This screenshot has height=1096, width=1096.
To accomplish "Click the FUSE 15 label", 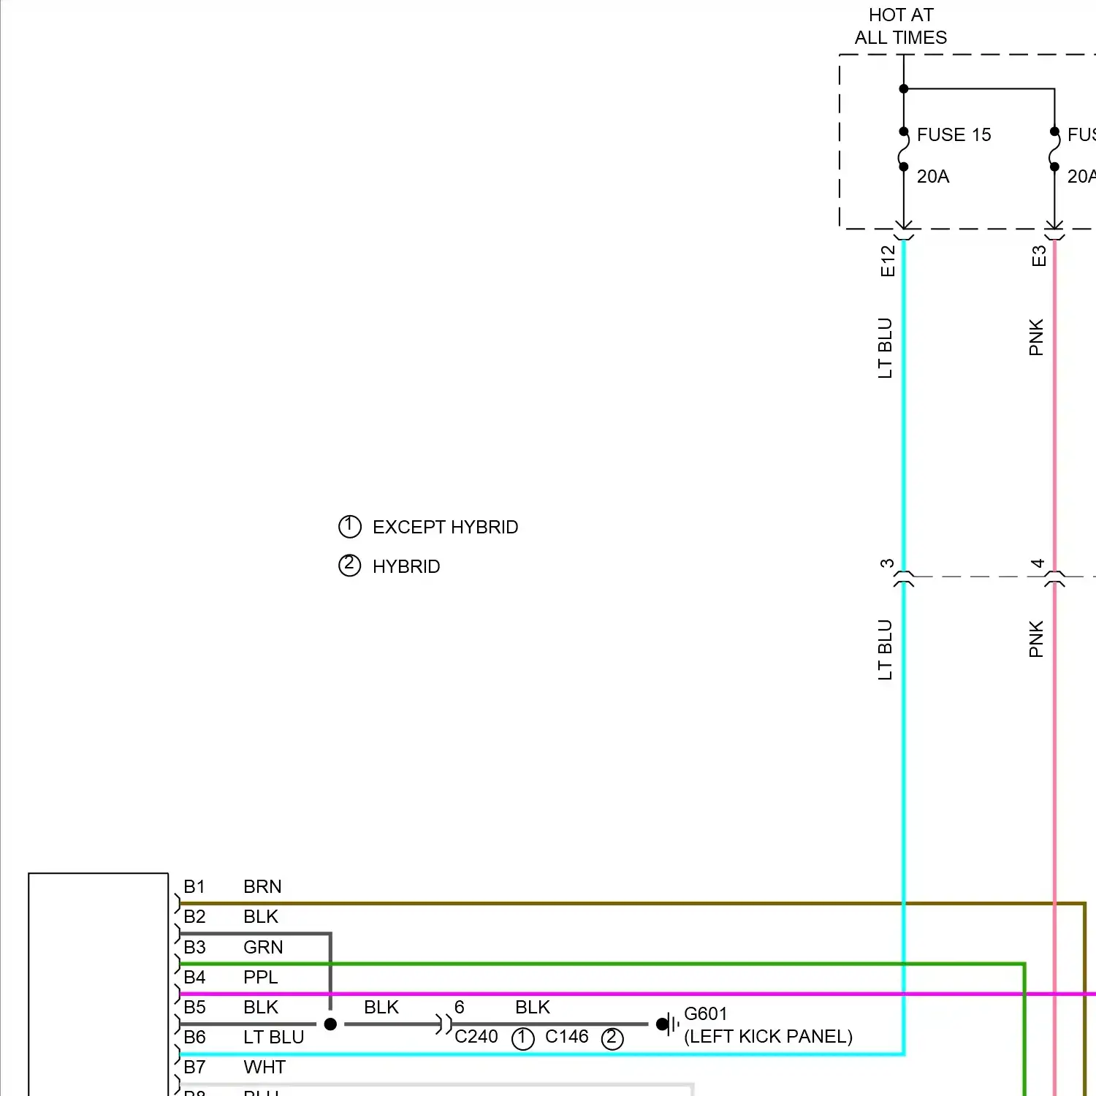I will click(953, 135).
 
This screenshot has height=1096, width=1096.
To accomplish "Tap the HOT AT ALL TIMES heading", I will click(900, 26).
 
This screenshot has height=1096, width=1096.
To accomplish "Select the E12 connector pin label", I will click(888, 261).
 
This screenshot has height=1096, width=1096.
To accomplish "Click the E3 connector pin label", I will click(1038, 256).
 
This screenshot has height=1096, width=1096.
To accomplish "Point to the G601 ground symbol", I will click(666, 1024).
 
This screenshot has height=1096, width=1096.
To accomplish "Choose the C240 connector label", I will click(476, 1037).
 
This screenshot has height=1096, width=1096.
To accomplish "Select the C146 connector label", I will click(566, 1037).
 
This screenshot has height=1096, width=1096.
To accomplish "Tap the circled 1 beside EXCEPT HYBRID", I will click(349, 526).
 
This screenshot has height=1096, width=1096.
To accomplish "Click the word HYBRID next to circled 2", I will click(406, 567).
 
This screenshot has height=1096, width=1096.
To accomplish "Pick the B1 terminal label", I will click(194, 887).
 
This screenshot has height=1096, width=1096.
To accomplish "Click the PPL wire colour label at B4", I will click(260, 978).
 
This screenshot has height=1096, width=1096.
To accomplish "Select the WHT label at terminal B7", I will click(264, 1068).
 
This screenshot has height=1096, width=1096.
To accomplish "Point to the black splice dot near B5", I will click(330, 1024).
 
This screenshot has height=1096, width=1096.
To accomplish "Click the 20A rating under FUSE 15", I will click(932, 177).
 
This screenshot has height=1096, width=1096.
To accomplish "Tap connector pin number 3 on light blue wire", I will click(887, 563).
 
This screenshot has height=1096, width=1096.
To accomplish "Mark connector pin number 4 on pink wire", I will click(1038, 563).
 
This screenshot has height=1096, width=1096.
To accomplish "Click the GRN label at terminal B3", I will click(263, 948).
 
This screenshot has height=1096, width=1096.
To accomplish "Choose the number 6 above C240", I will click(459, 1008).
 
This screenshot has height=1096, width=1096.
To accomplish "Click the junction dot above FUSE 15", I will click(904, 89).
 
